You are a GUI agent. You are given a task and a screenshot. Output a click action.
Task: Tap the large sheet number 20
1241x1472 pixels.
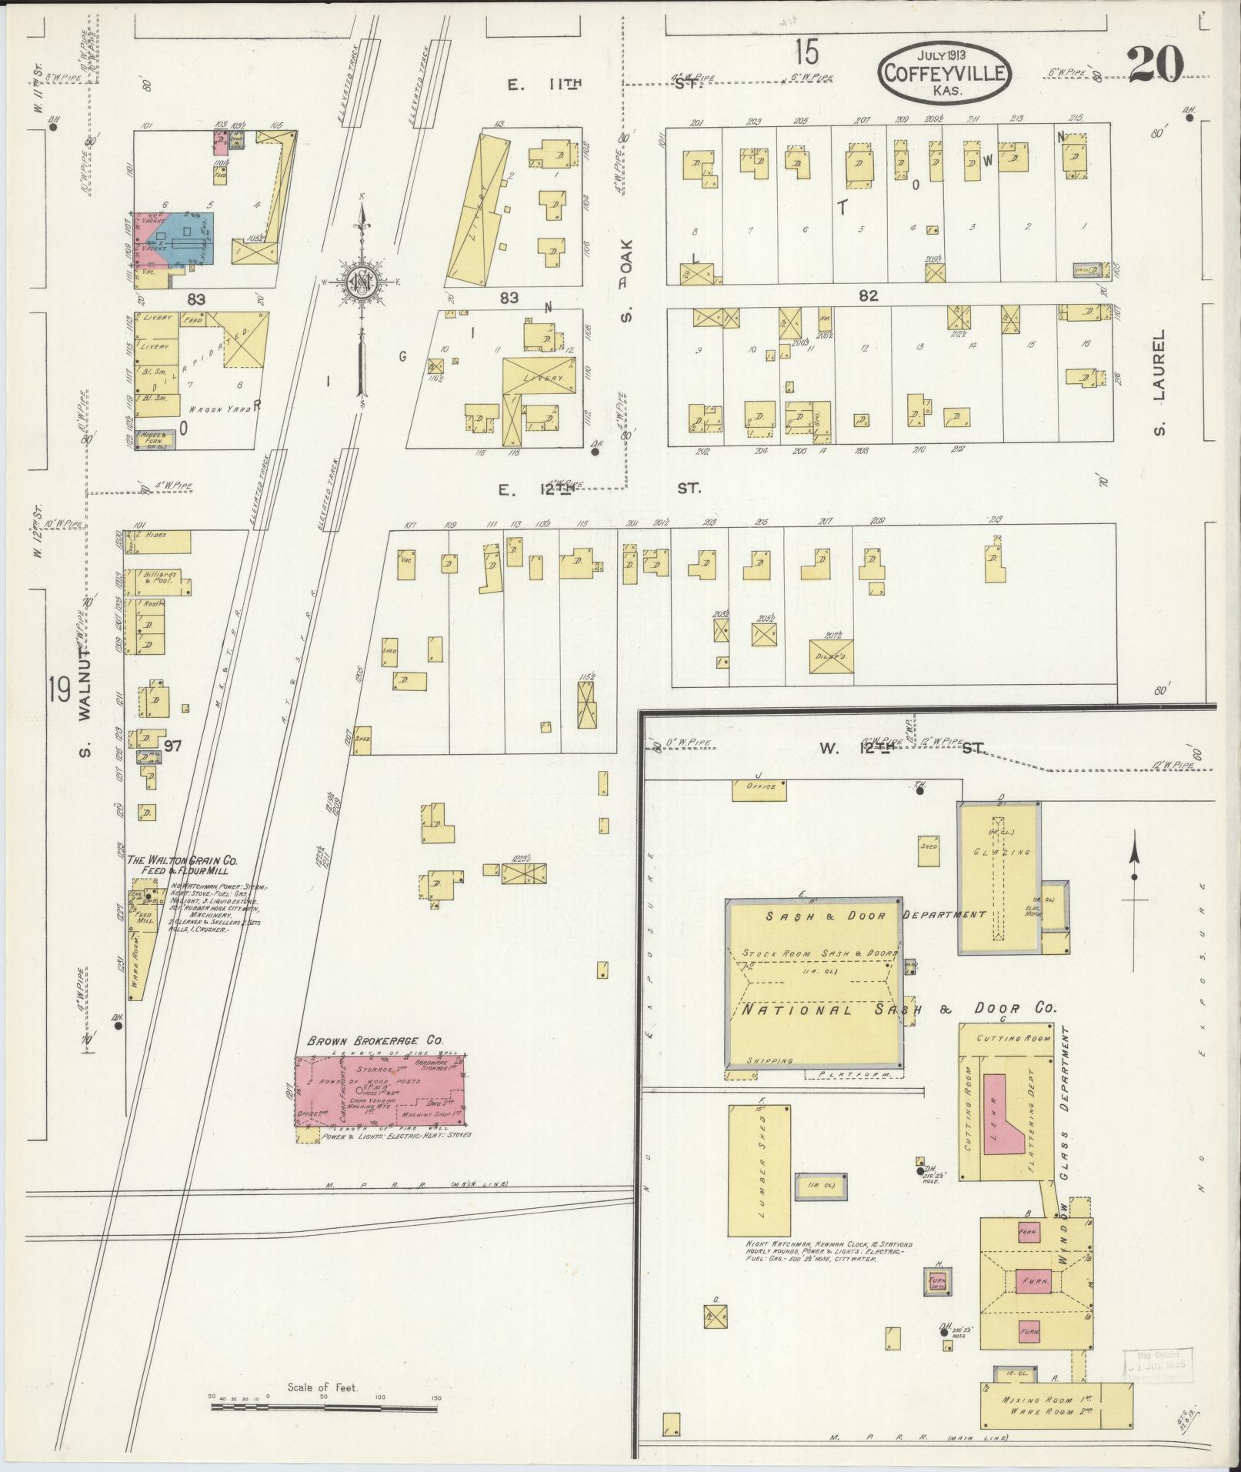pyautogui.click(x=1156, y=65)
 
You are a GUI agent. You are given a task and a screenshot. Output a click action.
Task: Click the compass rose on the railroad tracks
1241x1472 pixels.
pyautogui.click(x=359, y=282)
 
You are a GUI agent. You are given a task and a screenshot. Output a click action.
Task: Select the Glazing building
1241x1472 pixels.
pyautogui.click(x=999, y=875)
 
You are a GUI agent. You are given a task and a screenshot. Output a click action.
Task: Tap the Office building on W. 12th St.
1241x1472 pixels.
pyautogui.click(x=759, y=789)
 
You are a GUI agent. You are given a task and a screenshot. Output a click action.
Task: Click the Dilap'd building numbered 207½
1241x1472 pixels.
pyautogui.click(x=831, y=656)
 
